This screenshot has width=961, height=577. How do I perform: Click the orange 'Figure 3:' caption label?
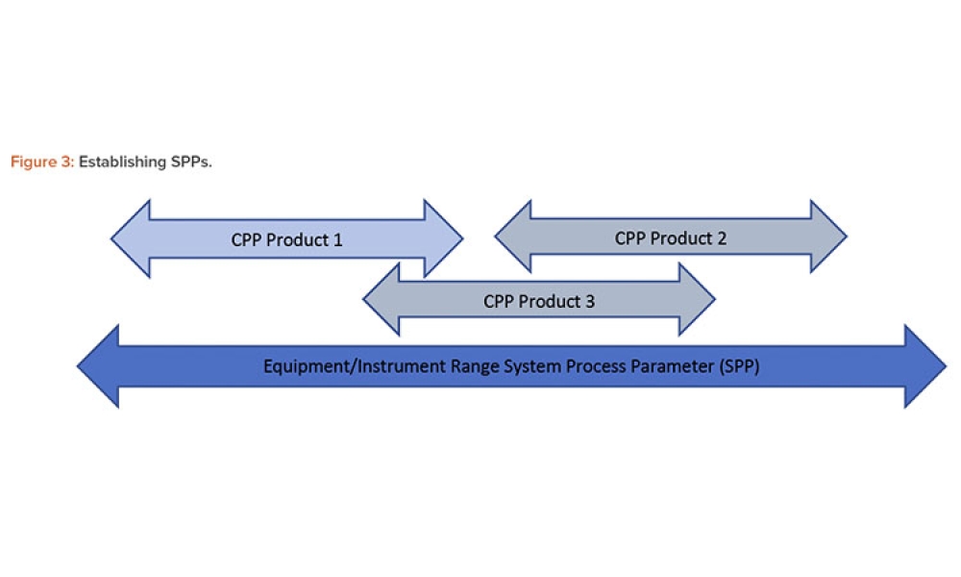tap(41, 163)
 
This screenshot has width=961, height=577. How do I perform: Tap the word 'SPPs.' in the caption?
tap(190, 163)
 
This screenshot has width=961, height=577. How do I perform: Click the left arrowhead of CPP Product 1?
tap(133, 238)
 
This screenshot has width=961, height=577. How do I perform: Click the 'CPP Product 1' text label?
tap(286, 239)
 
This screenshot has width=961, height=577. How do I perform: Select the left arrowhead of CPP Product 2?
tap(514, 237)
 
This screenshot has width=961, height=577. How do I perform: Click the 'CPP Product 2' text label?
tap(671, 238)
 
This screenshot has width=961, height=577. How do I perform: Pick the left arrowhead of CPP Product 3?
tap(382, 299)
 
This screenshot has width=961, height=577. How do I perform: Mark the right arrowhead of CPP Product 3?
tap(696, 299)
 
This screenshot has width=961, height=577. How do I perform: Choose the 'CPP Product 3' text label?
tap(539, 301)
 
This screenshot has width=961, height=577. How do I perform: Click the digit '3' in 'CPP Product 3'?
tap(590, 301)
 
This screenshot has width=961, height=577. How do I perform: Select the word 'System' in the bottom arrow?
tap(490, 366)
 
